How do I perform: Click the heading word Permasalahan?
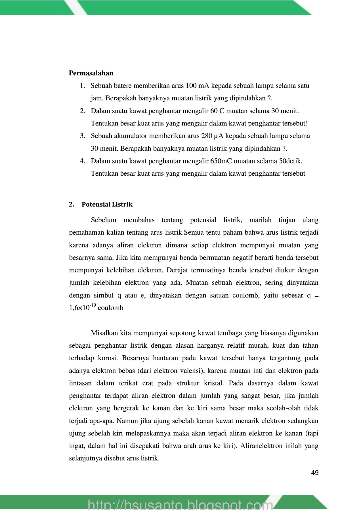tap(91, 73)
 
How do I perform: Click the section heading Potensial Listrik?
tap(107, 205)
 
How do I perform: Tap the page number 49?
tap(315, 473)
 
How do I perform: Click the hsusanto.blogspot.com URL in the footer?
tap(180, 504)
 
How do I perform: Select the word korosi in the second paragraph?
tap(107, 358)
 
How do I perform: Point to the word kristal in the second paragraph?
tap(214, 383)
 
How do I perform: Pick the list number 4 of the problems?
tap(82, 161)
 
